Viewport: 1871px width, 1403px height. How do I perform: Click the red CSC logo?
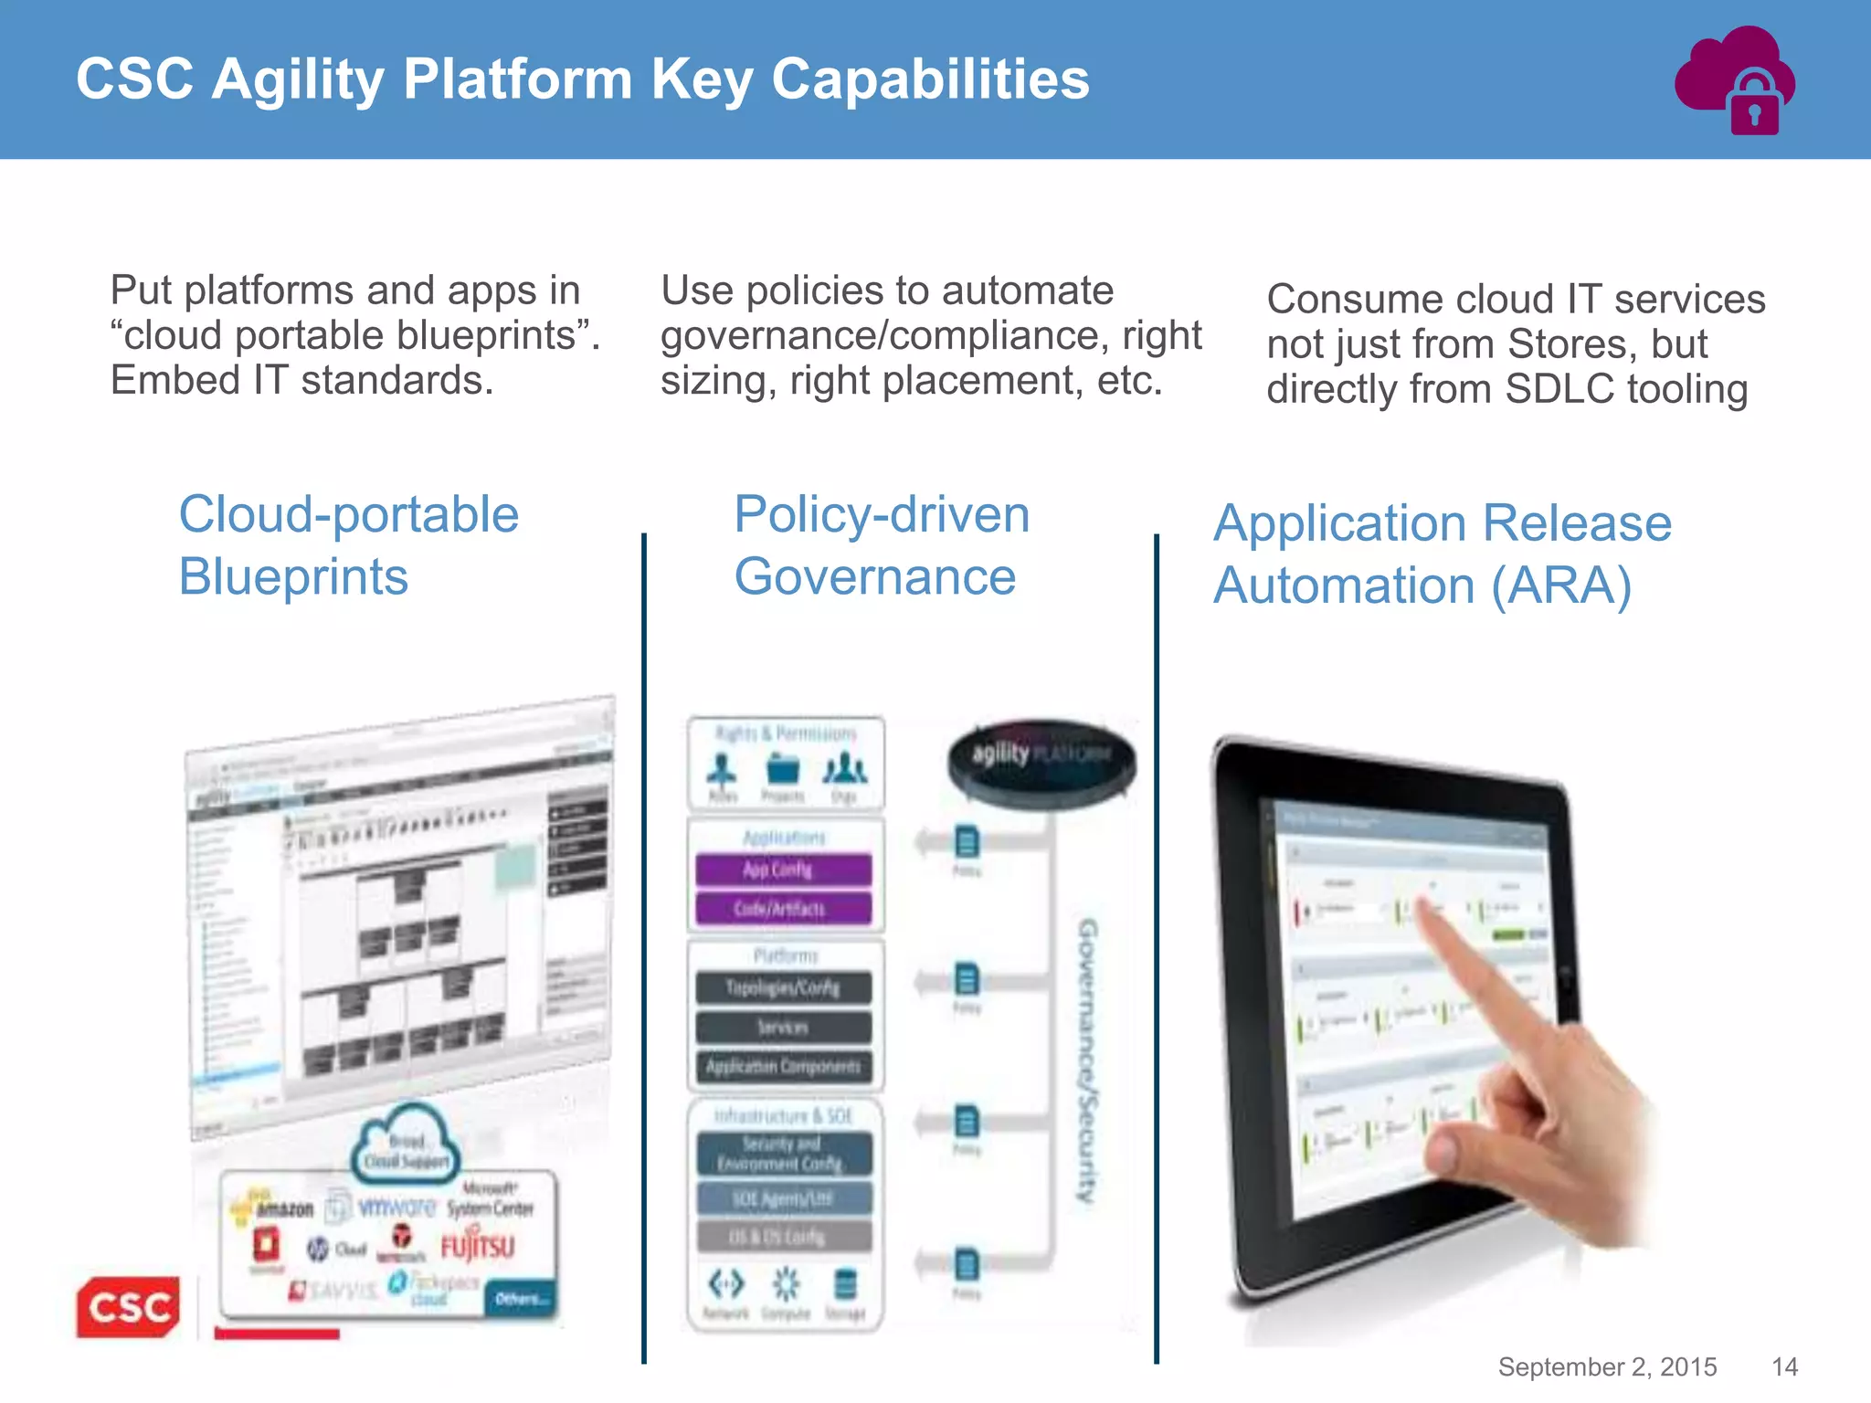coord(128,1306)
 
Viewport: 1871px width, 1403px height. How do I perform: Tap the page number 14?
coord(1784,1366)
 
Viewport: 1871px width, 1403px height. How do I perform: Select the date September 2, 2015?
coord(1607,1366)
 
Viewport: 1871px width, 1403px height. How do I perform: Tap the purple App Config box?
coord(783,870)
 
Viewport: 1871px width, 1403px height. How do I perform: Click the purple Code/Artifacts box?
coord(783,909)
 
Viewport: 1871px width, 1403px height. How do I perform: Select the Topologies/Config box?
coord(783,987)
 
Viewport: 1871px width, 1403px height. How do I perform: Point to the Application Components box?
coord(783,1066)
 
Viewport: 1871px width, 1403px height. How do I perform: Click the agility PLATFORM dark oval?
coord(1041,758)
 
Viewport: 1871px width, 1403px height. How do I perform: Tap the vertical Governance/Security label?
coord(1086,1060)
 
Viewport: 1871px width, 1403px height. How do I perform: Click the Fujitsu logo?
coord(478,1247)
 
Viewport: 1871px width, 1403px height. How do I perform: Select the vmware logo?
coord(396,1208)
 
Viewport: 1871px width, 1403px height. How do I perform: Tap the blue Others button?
coord(521,1298)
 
